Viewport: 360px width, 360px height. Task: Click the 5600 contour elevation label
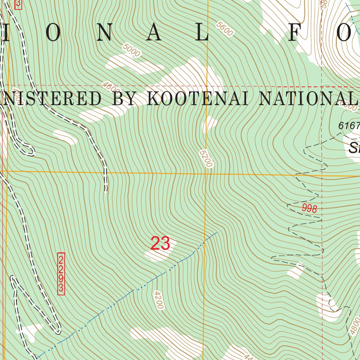pyautogui.click(x=225, y=29)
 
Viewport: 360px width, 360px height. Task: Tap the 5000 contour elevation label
pyautogui.click(x=132, y=50)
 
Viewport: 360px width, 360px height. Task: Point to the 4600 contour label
pyautogui.click(x=111, y=88)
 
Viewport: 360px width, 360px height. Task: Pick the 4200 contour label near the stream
pyautogui.click(x=159, y=300)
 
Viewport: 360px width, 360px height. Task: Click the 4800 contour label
pyautogui.click(x=355, y=326)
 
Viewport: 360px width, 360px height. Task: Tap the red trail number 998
pyautogui.click(x=309, y=208)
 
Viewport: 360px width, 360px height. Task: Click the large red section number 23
pyautogui.click(x=160, y=244)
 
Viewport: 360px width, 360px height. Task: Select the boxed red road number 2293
pyautogui.click(x=61, y=274)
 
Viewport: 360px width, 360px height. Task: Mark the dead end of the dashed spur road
pyautogui.click(x=105, y=193)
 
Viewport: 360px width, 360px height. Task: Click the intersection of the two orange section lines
pyautogui.click(x=206, y=173)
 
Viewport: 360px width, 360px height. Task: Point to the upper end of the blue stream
pyautogui.click(x=217, y=232)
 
